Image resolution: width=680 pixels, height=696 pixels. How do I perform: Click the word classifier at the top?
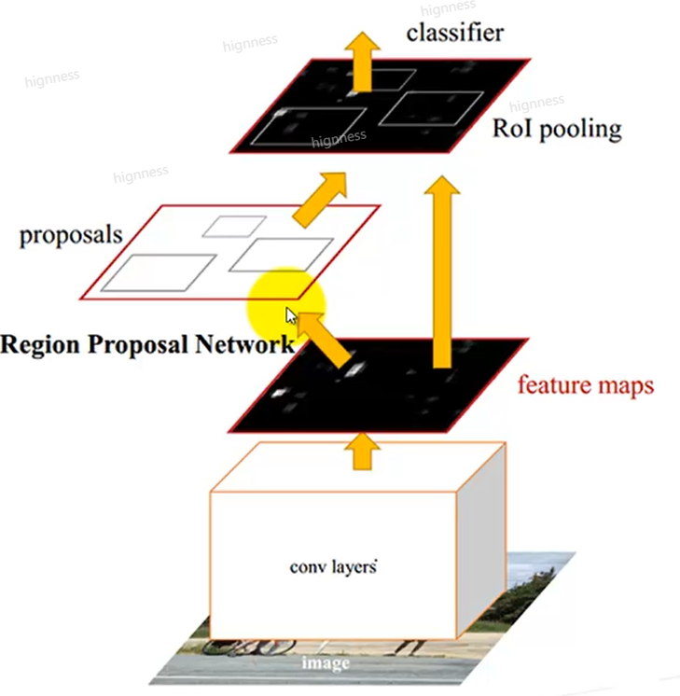click(455, 33)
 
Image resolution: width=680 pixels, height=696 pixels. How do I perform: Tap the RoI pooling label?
click(557, 129)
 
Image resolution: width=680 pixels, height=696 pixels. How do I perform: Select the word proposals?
click(71, 235)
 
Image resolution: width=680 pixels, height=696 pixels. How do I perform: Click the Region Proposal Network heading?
click(147, 344)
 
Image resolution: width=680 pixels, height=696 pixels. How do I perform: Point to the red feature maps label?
click(586, 384)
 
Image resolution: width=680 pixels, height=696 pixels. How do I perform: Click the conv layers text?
click(333, 567)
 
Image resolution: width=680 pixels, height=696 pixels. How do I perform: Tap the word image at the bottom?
click(326, 663)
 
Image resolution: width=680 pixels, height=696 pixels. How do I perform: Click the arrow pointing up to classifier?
click(363, 63)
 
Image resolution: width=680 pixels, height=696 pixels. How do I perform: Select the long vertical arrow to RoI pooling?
click(442, 271)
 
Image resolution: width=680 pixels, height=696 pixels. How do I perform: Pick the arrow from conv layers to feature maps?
click(362, 452)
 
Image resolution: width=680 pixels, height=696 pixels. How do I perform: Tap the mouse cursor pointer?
click(291, 316)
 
